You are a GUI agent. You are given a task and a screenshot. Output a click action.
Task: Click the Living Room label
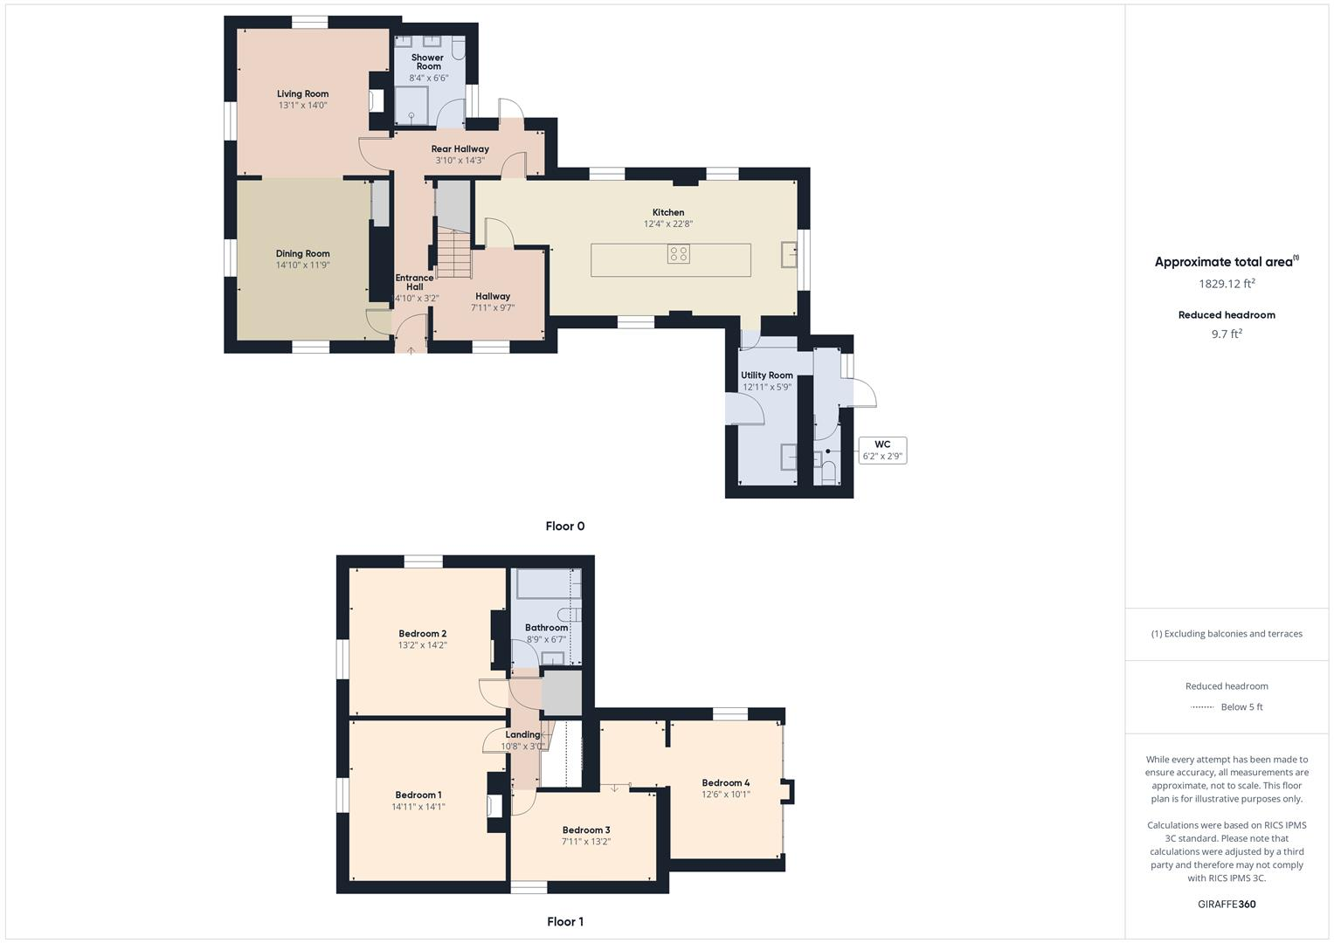coord(302,94)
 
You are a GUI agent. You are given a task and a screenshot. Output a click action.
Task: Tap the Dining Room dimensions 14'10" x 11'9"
coord(302,265)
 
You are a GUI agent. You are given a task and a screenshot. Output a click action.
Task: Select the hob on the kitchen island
coord(679,254)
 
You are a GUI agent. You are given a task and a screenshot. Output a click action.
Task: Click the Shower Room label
coord(428,62)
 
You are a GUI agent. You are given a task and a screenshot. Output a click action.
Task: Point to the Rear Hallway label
coord(460,149)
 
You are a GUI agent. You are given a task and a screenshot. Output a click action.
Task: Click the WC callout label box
coord(882,451)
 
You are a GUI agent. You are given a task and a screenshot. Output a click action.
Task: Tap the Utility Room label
coord(767,375)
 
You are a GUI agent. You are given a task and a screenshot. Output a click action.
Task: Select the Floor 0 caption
coord(564,527)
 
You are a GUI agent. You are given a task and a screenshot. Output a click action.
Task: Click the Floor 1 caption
coord(564,922)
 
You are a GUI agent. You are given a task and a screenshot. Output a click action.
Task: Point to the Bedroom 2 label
coord(423,634)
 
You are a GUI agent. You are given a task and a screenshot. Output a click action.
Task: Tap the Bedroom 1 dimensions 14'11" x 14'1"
coord(418,808)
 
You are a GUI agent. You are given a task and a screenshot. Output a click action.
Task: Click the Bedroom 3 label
coord(586,830)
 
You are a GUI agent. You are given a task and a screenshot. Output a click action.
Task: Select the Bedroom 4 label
coord(725,783)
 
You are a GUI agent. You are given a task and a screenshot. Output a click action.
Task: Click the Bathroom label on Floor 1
coord(547,628)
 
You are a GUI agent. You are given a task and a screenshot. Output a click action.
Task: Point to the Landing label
coord(522,735)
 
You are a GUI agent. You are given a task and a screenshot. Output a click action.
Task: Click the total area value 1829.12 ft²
coord(1227,284)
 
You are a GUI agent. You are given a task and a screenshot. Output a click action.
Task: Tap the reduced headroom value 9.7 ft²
coord(1227,334)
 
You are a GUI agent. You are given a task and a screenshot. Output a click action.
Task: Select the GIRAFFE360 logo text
coord(1227,905)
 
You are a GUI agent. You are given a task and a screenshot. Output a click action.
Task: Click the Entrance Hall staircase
coord(453,253)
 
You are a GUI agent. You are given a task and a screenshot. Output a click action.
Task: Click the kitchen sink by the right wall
coord(790,254)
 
